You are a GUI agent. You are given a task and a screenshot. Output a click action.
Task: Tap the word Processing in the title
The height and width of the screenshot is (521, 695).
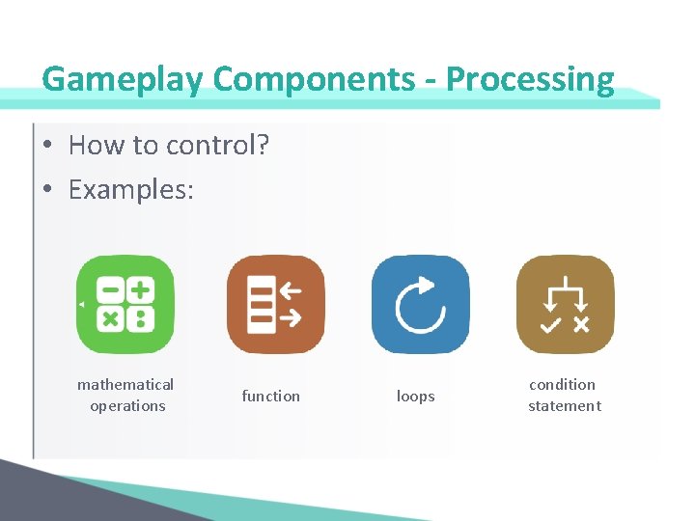click(x=530, y=79)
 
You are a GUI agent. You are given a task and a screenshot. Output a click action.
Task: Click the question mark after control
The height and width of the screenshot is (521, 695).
click(x=263, y=146)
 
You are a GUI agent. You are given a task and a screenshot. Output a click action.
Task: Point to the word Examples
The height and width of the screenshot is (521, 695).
click(x=130, y=189)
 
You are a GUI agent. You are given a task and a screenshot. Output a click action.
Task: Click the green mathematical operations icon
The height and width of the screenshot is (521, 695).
click(x=125, y=304)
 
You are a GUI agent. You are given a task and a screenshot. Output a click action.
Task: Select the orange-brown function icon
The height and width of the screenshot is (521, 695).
click(x=275, y=304)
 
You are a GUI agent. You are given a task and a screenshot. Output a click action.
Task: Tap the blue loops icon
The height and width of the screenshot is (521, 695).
click(x=420, y=304)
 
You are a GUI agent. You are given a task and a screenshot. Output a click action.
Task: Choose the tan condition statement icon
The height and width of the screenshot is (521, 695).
click(x=565, y=304)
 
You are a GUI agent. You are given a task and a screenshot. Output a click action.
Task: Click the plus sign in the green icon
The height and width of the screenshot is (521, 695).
click(x=141, y=289)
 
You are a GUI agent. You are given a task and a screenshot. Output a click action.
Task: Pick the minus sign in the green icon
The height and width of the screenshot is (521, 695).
click(x=111, y=289)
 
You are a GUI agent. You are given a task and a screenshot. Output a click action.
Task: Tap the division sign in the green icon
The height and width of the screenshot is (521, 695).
click(x=141, y=318)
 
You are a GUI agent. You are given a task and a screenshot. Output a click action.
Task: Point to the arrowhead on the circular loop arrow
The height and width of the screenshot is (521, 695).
click(x=428, y=286)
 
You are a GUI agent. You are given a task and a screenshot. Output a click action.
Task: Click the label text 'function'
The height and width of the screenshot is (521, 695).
click(x=270, y=396)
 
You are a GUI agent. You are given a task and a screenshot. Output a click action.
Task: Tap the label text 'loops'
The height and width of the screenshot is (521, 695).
click(x=416, y=396)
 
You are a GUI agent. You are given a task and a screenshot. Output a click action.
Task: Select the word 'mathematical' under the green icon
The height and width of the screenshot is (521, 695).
click(x=125, y=385)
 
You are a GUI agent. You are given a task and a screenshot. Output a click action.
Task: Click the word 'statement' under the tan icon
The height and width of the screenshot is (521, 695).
click(x=565, y=406)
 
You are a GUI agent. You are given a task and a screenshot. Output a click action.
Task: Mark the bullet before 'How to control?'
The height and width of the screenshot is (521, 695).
click(x=46, y=146)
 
